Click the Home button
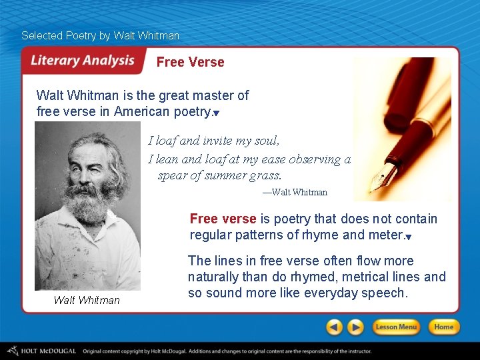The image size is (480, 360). click(443, 327)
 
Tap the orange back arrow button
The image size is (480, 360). click(335, 327)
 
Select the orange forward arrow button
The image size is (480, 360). click(356, 327)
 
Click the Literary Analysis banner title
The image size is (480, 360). click(83, 61)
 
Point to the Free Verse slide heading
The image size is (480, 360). click(190, 62)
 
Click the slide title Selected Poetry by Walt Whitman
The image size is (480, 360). click(100, 35)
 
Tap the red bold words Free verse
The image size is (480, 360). click(223, 219)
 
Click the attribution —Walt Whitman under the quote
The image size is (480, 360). click(295, 192)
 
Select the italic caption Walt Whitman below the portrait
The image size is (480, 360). click(87, 300)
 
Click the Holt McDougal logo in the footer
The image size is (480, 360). click(41, 351)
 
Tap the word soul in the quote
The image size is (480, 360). click(264, 141)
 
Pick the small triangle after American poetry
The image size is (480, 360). click(216, 114)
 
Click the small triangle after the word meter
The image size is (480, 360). click(408, 237)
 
